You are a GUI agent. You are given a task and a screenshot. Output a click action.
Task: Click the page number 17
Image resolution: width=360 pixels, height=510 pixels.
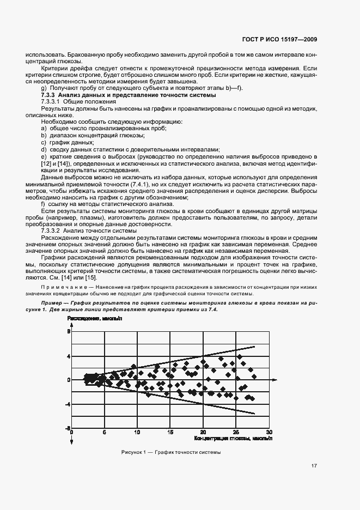314,466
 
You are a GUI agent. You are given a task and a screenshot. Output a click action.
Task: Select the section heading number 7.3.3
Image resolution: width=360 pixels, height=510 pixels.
50,95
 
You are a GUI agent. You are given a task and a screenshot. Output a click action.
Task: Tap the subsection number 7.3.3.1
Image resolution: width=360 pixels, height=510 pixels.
52,101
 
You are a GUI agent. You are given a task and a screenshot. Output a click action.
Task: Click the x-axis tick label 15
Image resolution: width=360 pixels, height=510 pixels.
170,432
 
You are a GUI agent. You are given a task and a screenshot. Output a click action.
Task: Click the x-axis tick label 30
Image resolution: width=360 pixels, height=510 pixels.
269,432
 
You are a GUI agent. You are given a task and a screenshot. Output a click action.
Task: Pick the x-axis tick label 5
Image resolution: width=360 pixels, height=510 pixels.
104,432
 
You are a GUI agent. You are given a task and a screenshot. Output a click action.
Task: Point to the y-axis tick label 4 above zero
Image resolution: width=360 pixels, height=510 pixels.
69,356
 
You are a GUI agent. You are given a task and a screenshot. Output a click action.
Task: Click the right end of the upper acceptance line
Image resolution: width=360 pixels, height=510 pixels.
254,346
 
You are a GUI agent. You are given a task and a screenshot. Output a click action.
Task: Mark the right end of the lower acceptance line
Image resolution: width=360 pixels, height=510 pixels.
254,414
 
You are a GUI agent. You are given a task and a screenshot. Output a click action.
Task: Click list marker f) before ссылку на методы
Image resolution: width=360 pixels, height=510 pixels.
43,204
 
